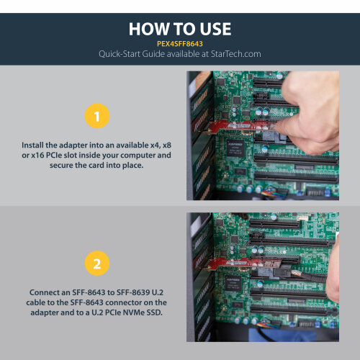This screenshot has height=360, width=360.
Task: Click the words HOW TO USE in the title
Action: pos(180,29)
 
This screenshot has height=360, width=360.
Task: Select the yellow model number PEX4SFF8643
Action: pos(180,42)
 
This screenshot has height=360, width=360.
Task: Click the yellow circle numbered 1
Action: pos(97,115)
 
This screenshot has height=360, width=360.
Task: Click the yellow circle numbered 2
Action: pos(97,264)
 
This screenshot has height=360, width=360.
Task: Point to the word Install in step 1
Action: pos(35,145)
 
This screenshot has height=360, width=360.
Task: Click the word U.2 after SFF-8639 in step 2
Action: pos(158,293)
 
